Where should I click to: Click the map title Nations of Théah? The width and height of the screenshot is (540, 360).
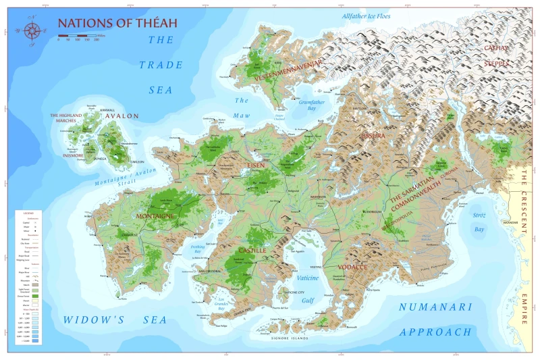[117, 22]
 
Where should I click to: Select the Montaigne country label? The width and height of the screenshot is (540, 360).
[156, 216]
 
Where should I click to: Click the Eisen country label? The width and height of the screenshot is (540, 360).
[255, 164]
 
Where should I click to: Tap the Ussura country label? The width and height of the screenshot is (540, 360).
[371, 136]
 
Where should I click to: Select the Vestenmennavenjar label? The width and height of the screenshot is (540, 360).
[288, 63]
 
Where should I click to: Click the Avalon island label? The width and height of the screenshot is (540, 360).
[122, 115]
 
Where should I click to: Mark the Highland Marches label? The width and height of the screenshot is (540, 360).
[65, 118]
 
